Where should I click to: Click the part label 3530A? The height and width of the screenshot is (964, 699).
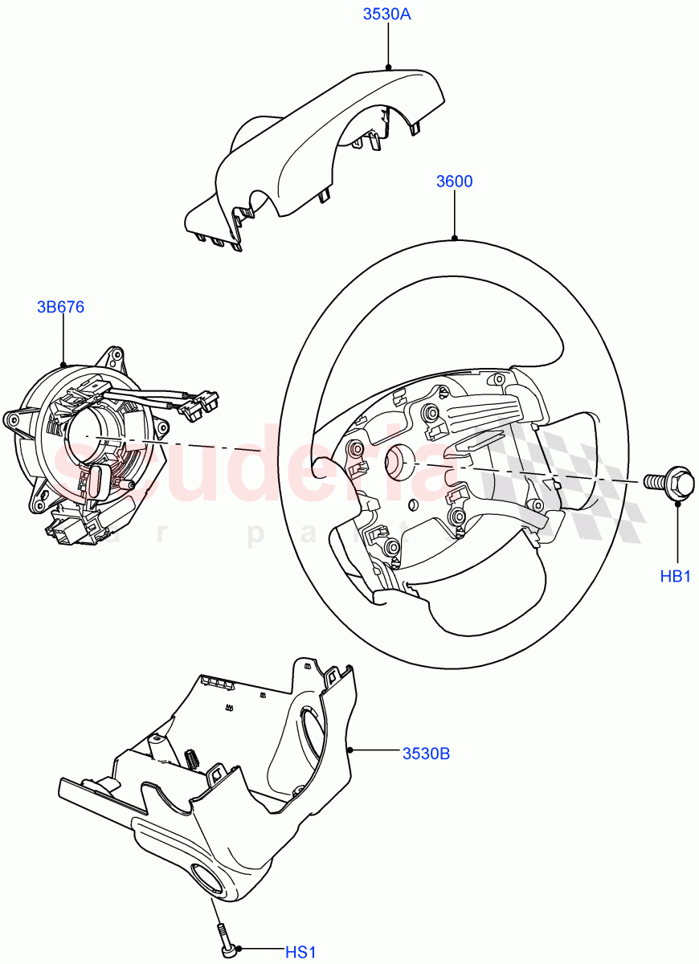click(388, 14)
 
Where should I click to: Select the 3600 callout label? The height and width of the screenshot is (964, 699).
click(454, 182)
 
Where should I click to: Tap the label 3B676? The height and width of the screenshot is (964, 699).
click(60, 307)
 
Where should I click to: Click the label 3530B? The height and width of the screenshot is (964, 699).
click(426, 754)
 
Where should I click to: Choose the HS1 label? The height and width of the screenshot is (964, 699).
click(301, 952)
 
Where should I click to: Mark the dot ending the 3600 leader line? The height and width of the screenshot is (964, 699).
click(455, 239)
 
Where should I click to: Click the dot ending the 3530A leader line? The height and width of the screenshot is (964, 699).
click(388, 67)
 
